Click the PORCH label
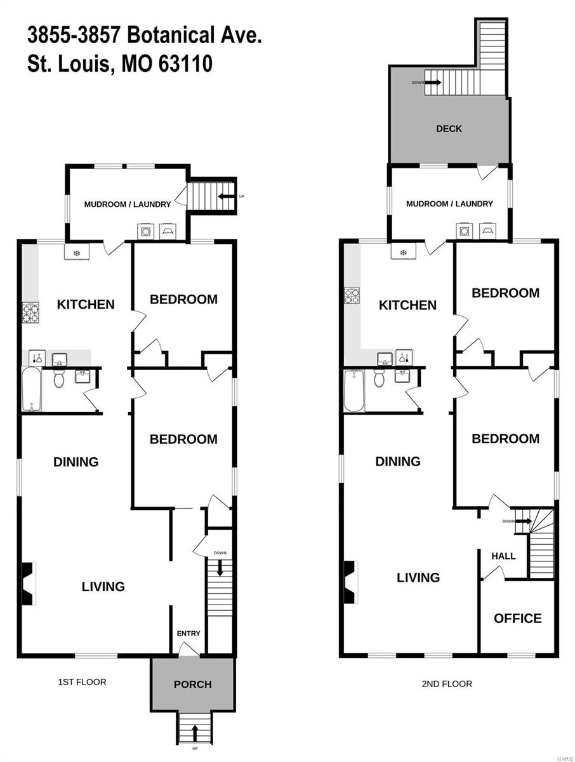[x=192, y=685]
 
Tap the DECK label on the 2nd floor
[x=449, y=129]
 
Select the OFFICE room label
[x=518, y=618]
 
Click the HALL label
[x=503, y=556]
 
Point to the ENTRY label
[x=188, y=633]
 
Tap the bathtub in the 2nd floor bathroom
[x=354, y=391]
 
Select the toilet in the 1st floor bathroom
[x=58, y=380]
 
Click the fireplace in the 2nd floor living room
[x=350, y=583]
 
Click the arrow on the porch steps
[x=194, y=730]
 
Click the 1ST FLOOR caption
[x=82, y=682]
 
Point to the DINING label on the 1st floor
[x=76, y=462]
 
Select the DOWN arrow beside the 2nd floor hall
[x=522, y=521]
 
